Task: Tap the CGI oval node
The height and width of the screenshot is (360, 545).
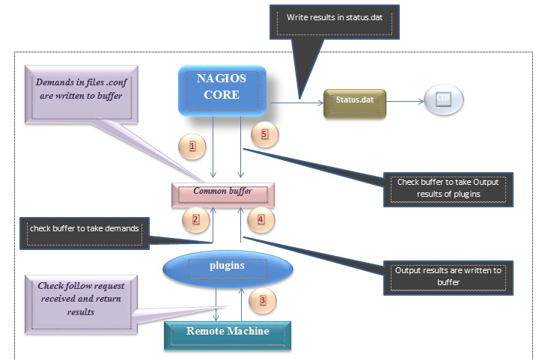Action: (442, 102)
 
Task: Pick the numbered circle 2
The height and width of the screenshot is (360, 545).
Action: (195, 219)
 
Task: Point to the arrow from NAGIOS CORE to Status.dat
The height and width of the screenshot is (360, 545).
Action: (296, 103)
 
